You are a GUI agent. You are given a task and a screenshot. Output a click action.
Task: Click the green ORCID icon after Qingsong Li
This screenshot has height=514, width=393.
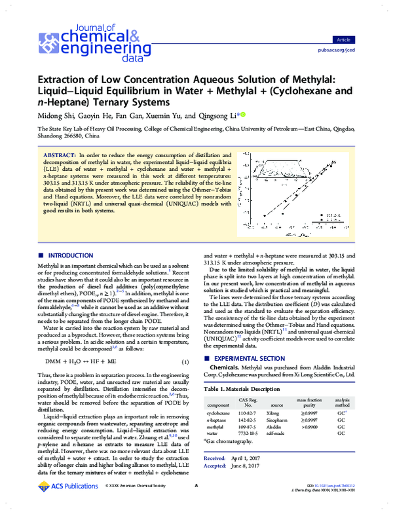coord(244,115)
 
